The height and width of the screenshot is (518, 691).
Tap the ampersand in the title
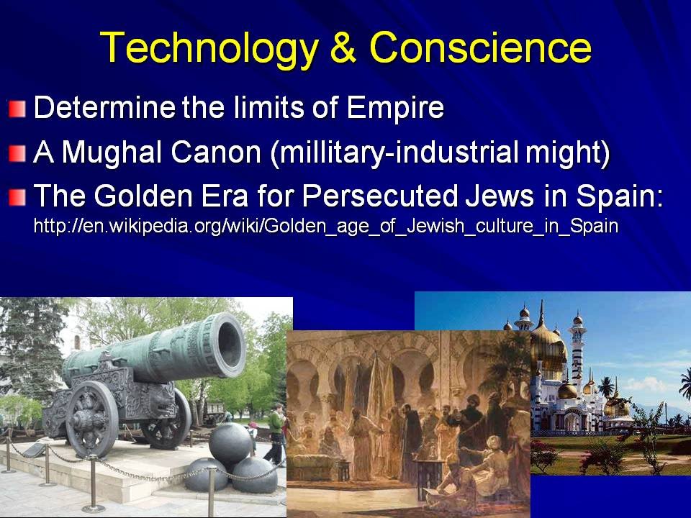click(x=343, y=47)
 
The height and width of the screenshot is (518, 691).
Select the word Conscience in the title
click(x=480, y=47)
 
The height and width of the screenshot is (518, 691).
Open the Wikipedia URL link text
click(x=326, y=227)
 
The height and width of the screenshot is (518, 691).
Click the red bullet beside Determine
click(x=17, y=109)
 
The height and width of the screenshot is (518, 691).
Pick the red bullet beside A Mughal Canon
click(x=17, y=154)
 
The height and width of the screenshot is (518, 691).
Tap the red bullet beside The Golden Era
click(x=17, y=197)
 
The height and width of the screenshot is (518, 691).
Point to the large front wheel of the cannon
click(x=91, y=419)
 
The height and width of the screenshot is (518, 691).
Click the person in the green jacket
click(x=276, y=434)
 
